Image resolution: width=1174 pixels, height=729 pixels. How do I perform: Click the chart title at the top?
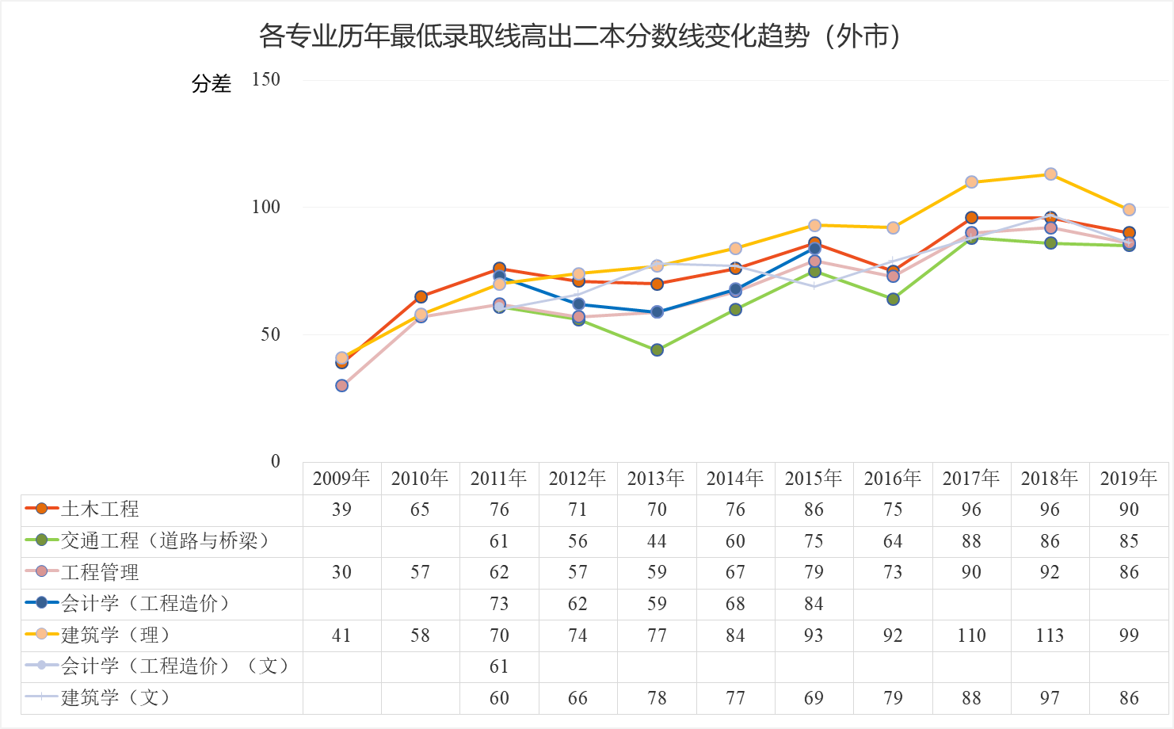pos(581,36)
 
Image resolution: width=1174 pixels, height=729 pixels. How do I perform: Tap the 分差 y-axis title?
pos(211,83)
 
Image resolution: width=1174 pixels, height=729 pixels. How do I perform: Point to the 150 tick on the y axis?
pos(266,79)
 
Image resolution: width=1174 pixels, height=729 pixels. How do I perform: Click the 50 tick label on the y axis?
pos(271,334)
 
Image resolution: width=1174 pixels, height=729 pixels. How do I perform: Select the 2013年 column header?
pos(656,479)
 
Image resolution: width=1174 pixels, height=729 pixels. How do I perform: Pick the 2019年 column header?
pos(1129,479)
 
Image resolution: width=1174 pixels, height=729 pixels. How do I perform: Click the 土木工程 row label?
pos(100,510)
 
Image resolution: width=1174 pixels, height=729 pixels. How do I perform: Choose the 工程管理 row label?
pos(100,572)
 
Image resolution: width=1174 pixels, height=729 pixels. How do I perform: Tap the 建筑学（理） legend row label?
pos(115,635)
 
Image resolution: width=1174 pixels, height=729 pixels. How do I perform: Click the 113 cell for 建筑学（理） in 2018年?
pos(1050,635)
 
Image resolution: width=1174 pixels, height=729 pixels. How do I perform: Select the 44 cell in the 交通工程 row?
pos(657,541)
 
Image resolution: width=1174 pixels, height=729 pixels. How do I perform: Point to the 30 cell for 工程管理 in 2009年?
pos(341,572)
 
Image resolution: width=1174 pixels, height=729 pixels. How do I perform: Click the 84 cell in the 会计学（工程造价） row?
pos(814,604)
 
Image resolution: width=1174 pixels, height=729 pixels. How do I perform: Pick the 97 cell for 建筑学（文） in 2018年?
pos(1050,698)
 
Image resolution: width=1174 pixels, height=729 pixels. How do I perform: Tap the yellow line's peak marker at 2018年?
pos(1050,174)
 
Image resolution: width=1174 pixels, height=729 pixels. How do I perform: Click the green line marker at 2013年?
pos(657,350)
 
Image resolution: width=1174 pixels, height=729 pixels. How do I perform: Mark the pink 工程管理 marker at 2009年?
pos(341,386)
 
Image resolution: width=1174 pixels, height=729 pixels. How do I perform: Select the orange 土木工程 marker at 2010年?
pos(421,297)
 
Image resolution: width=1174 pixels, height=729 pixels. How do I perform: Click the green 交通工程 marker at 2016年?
pos(893,300)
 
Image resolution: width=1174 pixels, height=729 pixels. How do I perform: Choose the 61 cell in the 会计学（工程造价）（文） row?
pos(499,666)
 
